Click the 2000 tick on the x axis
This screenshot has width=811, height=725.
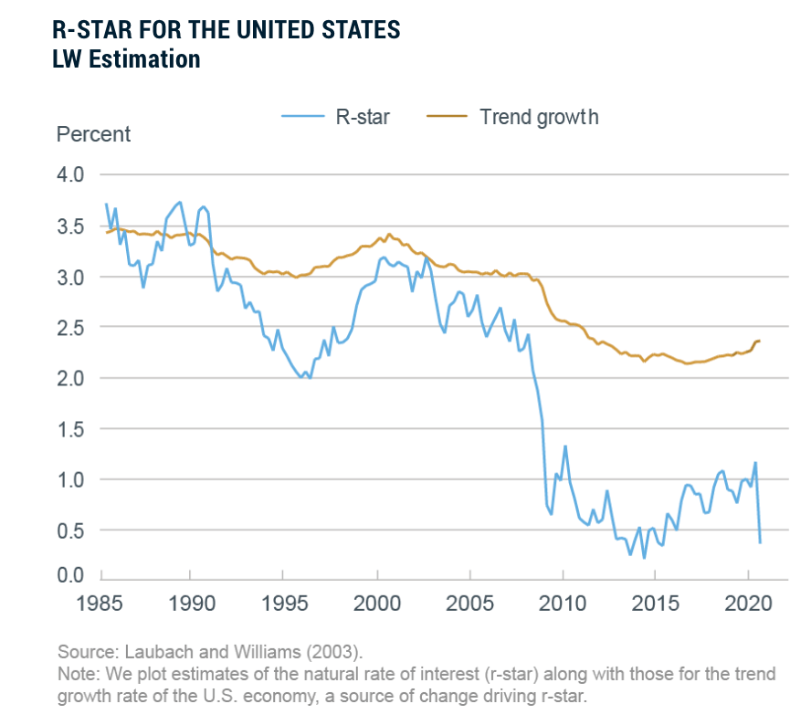click(x=377, y=605)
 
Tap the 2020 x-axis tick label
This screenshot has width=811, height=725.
click(x=749, y=605)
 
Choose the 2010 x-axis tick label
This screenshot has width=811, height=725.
click(x=563, y=605)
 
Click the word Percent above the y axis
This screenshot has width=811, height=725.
click(x=93, y=135)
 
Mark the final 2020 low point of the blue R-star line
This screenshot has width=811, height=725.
click(x=760, y=542)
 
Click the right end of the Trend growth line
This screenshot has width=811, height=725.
click(x=760, y=341)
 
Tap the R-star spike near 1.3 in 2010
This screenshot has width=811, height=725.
click(x=565, y=447)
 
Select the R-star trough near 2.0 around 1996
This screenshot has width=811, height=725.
click(x=301, y=376)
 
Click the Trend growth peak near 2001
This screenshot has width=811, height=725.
click(x=390, y=235)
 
